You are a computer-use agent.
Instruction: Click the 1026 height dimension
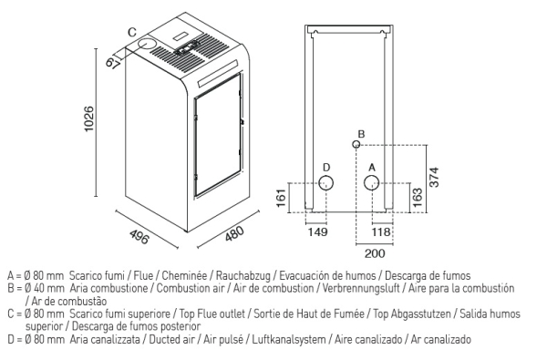89,119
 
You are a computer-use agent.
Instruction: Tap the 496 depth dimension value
139,236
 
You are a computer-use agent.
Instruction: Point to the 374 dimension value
434,177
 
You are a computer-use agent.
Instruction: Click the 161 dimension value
282,198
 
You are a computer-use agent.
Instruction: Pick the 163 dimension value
418,198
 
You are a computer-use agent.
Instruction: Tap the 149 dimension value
318,232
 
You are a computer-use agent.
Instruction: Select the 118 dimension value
380,232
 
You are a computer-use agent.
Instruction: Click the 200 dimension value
375,253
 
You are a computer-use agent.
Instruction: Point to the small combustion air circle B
356,144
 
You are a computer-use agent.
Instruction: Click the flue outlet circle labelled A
371,183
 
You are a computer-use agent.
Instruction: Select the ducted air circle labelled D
325,183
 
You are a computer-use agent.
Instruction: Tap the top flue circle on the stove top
147,44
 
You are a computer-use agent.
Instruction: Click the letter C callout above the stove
132,32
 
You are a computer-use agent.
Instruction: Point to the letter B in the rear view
361,134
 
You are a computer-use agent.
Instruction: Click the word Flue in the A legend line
144,275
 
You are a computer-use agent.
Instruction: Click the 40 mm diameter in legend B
45,289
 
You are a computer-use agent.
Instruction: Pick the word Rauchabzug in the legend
243,275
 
